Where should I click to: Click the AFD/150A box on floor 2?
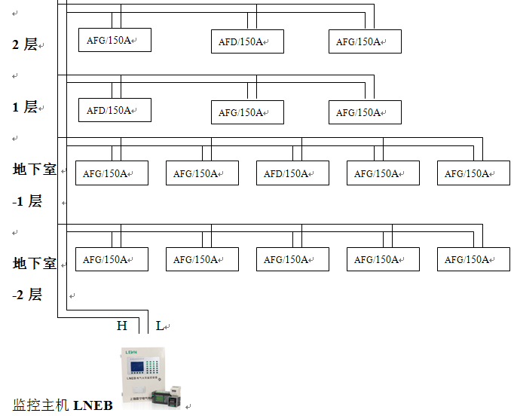click(x=247, y=41)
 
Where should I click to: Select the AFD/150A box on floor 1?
click(x=115, y=110)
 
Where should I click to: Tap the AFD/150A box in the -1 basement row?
click(x=292, y=173)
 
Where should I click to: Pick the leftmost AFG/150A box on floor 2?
click(x=115, y=40)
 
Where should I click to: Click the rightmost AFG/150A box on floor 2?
click(x=366, y=41)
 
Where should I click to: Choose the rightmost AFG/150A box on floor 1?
click(x=366, y=112)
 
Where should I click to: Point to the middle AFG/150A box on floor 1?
click(x=247, y=112)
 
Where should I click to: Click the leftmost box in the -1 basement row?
click(x=112, y=173)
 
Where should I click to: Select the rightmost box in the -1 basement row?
click(x=474, y=173)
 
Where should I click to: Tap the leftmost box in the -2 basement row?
click(x=112, y=259)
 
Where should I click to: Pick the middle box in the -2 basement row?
click(x=292, y=259)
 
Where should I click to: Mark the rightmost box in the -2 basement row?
click(x=474, y=259)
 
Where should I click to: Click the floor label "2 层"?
click(x=25, y=44)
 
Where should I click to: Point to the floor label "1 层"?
click(x=25, y=107)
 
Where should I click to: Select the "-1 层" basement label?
click(x=27, y=201)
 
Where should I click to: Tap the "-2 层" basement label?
click(x=27, y=295)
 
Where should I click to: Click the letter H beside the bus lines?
click(x=122, y=326)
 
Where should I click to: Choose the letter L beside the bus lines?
click(x=159, y=326)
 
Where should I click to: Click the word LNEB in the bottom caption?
click(x=93, y=405)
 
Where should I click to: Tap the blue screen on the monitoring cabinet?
click(x=137, y=367)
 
